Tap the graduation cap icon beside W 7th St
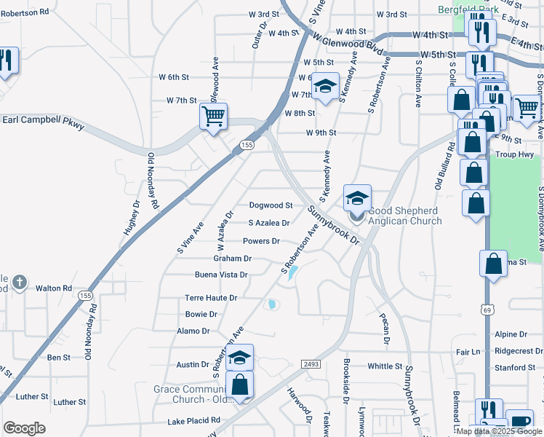click(x=326, y=87)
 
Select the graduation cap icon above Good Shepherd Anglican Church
click(x=357, y=198)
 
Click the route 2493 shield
click(x=311, y=363)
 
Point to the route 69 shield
click(x=486, y=310)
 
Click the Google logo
click(x=25, y=428)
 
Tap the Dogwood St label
click(x=271, y=205)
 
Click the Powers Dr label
click(x=261, y=241)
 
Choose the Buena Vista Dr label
click(x=221, y=275)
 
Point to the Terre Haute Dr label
click(x=211, y=298)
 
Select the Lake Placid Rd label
click(x=193, y=420)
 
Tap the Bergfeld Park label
click(x=468, y=9)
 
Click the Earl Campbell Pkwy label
click(x=44, y=122)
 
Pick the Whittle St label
click(x=385, y=366)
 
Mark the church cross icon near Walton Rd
click(x=19, y=282)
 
